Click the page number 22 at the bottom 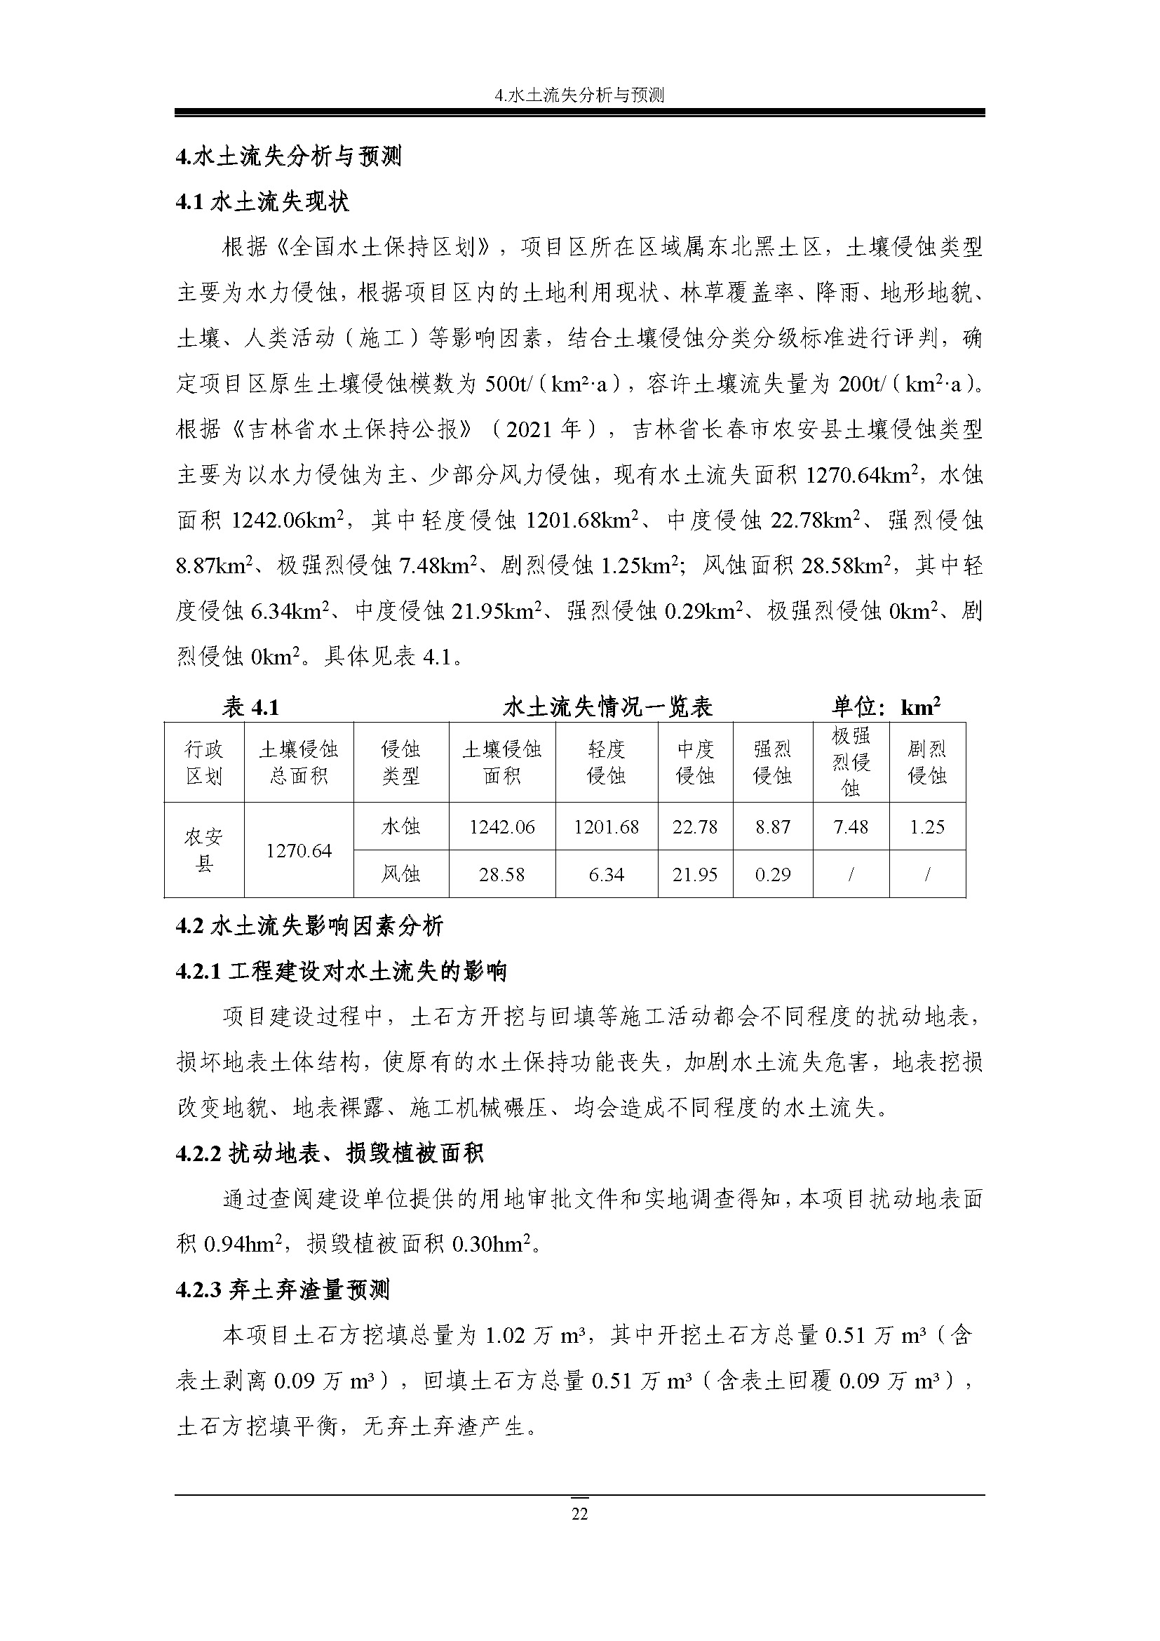[579, 1513]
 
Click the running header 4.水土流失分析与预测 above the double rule [579, 95]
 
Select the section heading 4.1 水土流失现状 [262, 202]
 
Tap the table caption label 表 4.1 [250, 707]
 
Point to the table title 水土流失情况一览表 [607, 707]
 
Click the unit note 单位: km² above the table [885, 707]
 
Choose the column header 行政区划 [204, 762]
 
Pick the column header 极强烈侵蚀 [851, 762]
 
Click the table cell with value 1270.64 [299, 850]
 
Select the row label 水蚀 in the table [400, 827]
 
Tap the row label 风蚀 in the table [400, 874]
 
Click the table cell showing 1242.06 [502, 827]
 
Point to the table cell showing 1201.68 [607, 827]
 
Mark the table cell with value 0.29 [773, 874]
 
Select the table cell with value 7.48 [851, 827]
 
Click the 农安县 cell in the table [204, 850]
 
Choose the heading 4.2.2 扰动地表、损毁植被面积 [330, 1153]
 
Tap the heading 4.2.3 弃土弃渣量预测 [283, 1290]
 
